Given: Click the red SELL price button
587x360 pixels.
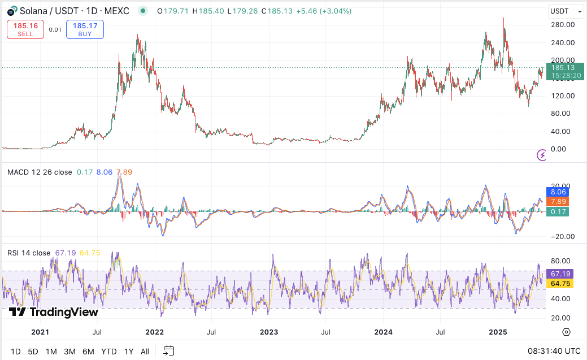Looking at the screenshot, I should pos(25,29).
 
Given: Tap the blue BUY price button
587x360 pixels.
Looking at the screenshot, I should pos(85,29).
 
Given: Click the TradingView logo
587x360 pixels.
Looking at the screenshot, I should pos(54,312).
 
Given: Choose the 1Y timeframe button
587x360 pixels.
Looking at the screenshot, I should pos(128,352).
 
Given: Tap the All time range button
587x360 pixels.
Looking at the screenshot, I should pos(145,352).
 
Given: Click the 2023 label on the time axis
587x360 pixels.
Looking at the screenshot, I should pos(268,332).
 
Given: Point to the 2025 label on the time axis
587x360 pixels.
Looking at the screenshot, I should pos(498,332).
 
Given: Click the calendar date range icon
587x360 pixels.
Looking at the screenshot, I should pos(169,351).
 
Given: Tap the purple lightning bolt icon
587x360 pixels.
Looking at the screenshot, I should pos(541,155).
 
